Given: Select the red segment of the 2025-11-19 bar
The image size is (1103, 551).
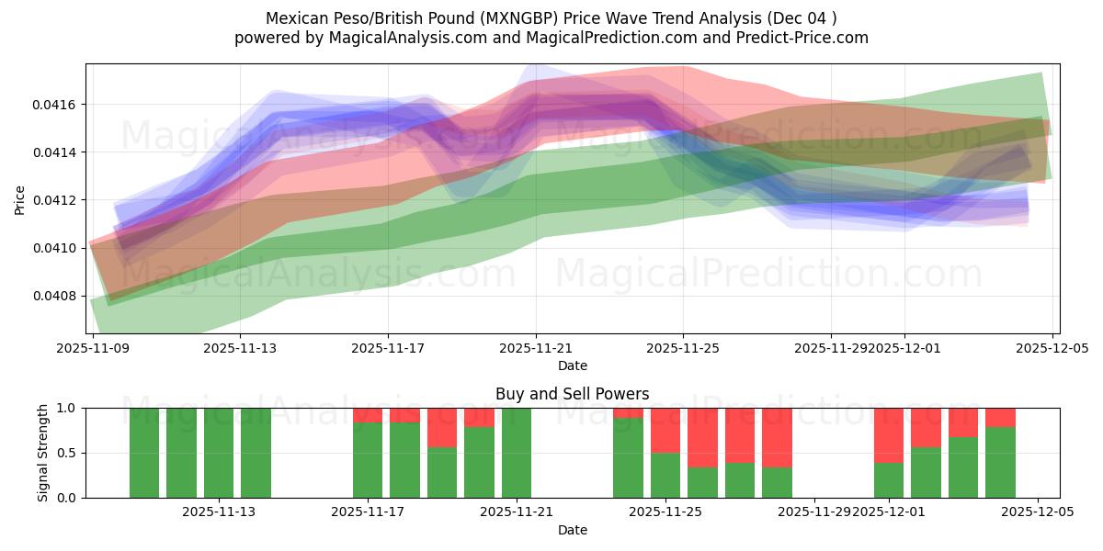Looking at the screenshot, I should pyautogui.click(x=442, y=427).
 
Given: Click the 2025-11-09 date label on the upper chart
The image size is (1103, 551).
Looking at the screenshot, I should pyautogui.click(x=92, y=348).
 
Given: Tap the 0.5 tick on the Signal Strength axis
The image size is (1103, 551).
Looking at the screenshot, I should pyautogui.click(x=71, y=453).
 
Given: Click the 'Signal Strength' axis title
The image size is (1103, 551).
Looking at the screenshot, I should pyautogui.click(x=43, y=453).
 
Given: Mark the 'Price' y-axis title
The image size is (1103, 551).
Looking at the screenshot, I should pyautogui.click(x=20, y=199).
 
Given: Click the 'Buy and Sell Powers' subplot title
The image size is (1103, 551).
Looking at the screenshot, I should pyautogui.click(x=572, y=394).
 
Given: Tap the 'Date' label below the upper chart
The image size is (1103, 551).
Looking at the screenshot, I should pyautogui.click(x=572, y=365).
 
